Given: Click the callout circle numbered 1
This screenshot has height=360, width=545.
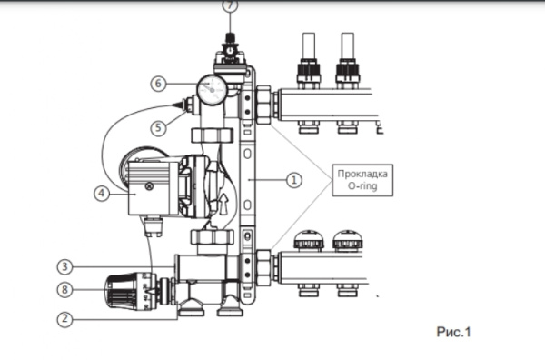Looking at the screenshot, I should [292, 180].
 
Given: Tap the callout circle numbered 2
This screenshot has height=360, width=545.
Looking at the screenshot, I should [64, 318].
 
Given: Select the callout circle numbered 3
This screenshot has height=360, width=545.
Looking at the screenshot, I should [64, 267].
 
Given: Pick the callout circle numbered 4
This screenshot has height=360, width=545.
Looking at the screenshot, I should [101, 193].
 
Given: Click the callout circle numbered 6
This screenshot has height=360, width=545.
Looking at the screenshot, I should [158, 83].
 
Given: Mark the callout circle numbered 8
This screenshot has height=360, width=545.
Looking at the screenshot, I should [64, 292].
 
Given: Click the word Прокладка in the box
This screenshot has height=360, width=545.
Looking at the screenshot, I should [361, 173].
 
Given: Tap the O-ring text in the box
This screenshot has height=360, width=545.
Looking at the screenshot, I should [361, 186].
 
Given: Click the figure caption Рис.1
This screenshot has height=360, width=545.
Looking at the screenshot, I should [453, 333].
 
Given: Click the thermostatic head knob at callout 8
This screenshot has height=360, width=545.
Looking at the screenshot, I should [125, 292].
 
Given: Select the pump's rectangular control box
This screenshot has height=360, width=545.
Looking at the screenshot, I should [146, 187].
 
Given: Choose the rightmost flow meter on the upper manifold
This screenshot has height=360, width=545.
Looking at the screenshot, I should [345, 59].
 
